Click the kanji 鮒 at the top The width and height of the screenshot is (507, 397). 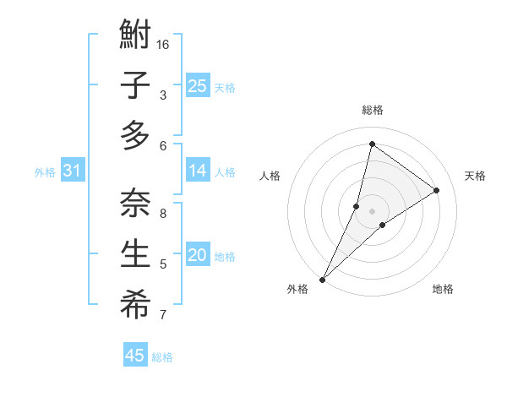(135, 35)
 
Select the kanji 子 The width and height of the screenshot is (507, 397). (135, 86)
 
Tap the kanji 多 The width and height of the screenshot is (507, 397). (135, 135)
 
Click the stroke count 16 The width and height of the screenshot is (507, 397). (163, 44)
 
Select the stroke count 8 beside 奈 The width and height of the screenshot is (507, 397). (163, 213)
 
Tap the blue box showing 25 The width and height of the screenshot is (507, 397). (197, 85)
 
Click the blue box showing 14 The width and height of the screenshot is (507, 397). (197, 170)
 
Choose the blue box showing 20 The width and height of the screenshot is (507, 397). (197, 254)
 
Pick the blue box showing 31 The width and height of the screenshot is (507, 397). (72, 171)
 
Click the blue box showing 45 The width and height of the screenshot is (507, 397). (135, 356)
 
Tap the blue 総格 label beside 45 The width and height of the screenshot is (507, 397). (162, 357)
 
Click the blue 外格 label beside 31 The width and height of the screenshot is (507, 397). (45, 172)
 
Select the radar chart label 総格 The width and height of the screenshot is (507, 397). (372, 110)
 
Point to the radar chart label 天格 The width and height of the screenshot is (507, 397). (475, 176)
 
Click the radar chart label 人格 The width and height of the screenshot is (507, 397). (270, 176)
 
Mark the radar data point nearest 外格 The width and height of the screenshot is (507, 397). (322, 279)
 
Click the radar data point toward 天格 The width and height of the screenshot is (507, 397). (436, 190)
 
